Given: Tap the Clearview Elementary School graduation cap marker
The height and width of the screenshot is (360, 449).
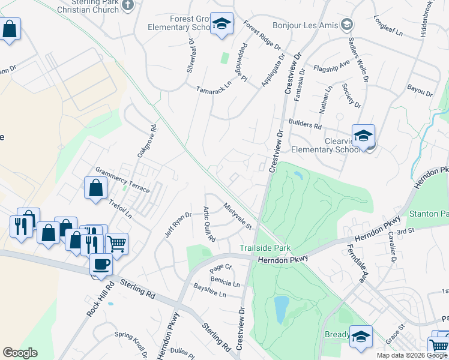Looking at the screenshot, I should click(363, 136).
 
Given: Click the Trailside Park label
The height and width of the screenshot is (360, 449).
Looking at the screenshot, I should click(265, 248).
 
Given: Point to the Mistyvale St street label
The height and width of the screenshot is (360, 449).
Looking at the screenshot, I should click(237, 215).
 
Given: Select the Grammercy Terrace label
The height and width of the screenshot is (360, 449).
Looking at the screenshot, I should click(122, 180).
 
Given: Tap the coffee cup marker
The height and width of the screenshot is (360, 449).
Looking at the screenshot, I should click(101, 264).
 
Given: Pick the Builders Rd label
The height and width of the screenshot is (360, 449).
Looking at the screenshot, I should click(306, 125).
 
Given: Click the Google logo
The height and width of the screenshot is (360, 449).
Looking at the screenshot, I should click(20, 352).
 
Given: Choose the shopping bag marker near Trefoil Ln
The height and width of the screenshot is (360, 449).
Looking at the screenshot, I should click(95, 188).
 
